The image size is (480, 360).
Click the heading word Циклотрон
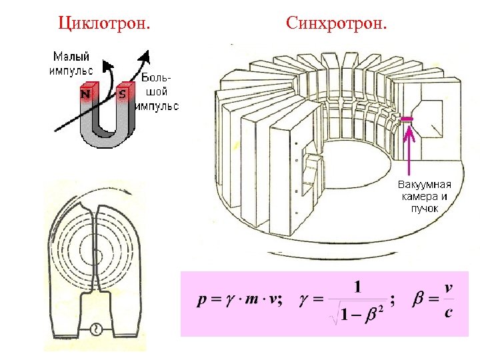click(103, 25)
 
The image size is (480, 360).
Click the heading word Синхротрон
click(336, 25)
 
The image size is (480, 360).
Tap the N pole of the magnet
click(86, 94)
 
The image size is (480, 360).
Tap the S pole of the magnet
click(121, 94)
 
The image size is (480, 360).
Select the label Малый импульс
click(71, 62)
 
